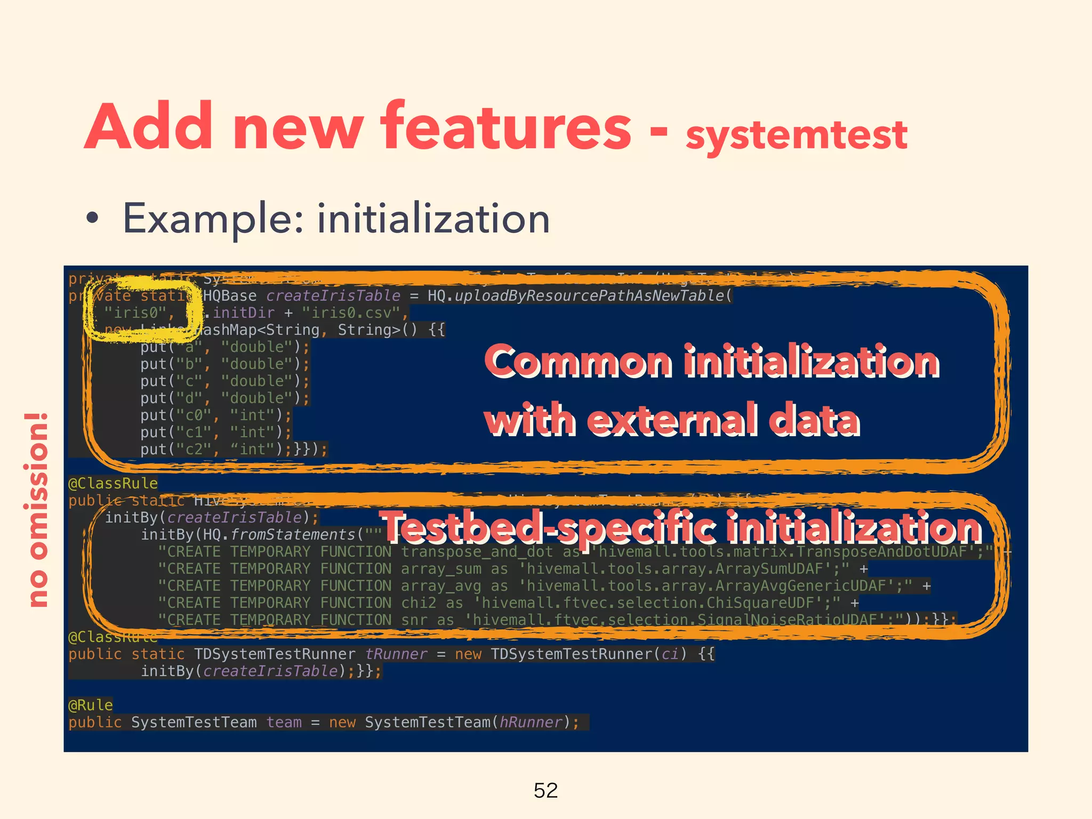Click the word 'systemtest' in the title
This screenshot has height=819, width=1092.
click(x=796, y=135)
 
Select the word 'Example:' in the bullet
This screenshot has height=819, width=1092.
click(x=213, y=219)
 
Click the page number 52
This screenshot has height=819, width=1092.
click(x=545, y=790)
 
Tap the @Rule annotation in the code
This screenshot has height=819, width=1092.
click(x=91, y=705)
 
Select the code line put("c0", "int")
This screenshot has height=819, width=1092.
click(x=216, y=415)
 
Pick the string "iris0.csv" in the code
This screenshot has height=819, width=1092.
click(x=351, y=312)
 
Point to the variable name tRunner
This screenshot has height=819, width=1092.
click(x=396, y=654)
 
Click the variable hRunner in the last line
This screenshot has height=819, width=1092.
click(x=531, y=722)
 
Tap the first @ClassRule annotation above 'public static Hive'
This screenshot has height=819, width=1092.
click(x=113, y=484)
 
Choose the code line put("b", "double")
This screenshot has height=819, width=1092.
click(x=224, y=364)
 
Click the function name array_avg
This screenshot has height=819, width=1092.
click(x=440, y=586)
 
